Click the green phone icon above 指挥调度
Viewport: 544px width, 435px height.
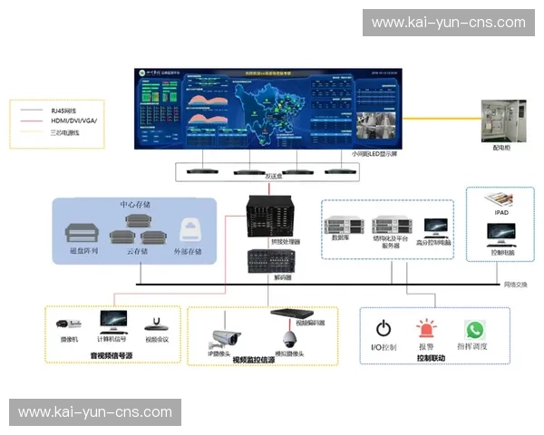tap(474, 329)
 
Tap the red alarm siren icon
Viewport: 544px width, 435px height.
tap(426, 329)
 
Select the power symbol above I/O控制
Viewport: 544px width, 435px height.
tap(384, 329)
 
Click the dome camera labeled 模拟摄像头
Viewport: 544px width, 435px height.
tap(290, 338)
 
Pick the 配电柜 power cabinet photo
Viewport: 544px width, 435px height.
tap(502, 124)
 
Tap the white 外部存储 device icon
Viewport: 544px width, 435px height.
tap(190, 228)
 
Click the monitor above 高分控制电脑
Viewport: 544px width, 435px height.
tap(436, 225)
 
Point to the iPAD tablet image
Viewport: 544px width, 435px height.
tap(500, 199)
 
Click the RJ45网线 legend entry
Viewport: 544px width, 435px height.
tap(63, 108)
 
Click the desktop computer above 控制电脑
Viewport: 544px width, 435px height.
tap(500, 234)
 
